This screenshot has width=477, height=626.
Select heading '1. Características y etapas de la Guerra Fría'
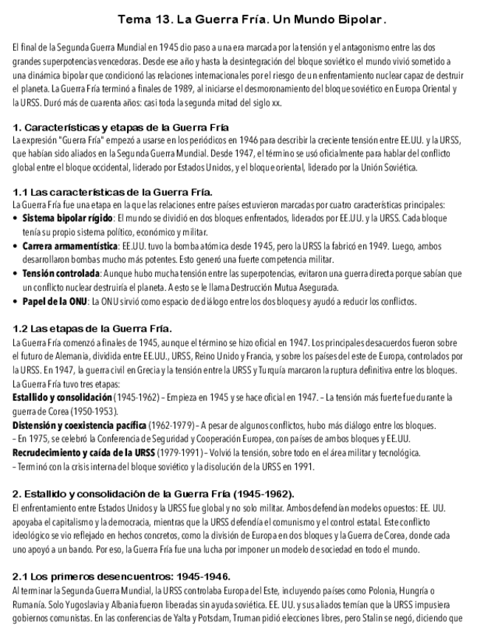[x=121, y=128]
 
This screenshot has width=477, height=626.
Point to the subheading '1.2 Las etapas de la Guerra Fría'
[x=93, y=329]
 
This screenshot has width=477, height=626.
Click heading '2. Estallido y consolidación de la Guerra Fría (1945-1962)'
[x=154, y=494]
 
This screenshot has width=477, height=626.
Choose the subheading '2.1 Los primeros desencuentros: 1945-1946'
[x=122, y=576]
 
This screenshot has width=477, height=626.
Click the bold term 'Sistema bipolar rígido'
[x=67, y=219]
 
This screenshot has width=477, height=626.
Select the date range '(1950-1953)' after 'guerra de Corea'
[x=89, y=411]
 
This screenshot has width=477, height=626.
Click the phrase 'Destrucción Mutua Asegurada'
[x=287, y=287]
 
